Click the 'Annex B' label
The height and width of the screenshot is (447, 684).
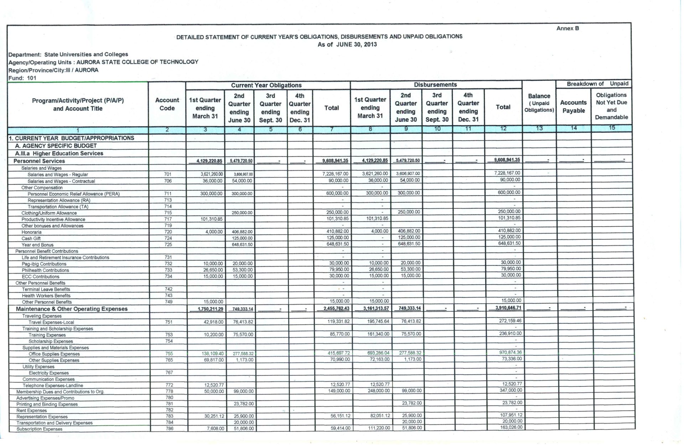click(568, 28)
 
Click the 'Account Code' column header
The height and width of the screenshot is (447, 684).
click(167, 104)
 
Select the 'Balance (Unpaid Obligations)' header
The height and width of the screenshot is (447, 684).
click(539, 103)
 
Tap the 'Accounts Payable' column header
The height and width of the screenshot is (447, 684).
click(573, 106)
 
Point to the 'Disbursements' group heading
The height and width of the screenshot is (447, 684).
click(435, 85)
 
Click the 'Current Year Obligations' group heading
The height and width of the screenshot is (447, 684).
click(266, 85)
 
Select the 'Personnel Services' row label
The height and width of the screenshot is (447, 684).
click(39, 161)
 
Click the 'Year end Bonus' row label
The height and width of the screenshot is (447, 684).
click(37, 245)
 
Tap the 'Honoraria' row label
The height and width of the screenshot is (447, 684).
click(31, 232)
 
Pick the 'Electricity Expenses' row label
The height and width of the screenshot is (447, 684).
click(49, 373)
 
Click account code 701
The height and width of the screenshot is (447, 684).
click(168, 174)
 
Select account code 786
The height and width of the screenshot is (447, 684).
click(170, 428)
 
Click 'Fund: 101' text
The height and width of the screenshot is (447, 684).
click(22, 78)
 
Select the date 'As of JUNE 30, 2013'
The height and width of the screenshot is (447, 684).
click(347, 45)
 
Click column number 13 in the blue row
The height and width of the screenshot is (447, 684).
click(539, 128)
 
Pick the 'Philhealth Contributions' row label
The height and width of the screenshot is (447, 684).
click(45, 270)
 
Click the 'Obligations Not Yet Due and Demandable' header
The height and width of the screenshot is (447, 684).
click(611, 106)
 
